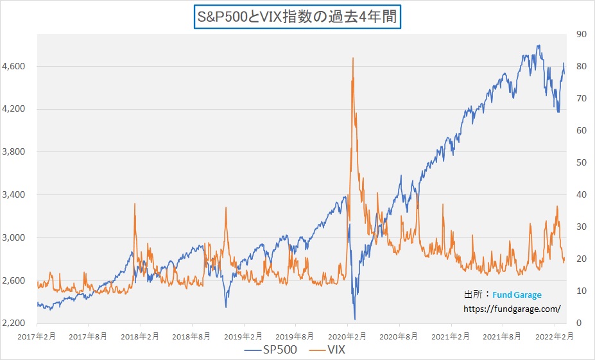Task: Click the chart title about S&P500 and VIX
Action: [x=297, y=16]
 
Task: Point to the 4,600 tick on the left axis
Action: [x=14, y=67]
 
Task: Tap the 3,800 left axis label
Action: [x=14, y=152]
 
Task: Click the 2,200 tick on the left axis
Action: [x=14, y=323]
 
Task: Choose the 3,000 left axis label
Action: [x=14, y=238]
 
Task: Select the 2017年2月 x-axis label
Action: [x=37, y=336]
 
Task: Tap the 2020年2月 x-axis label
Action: [x=347, y=336]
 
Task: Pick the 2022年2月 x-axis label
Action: [x=554, y=336]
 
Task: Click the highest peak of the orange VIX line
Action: [x=353, y=58]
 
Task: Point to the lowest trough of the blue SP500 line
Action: [x=354, y=319]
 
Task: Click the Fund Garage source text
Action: [x=517, y=295]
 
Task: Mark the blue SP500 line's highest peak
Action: [x=538, y=46]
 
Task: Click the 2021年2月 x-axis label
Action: [x=451, y=336]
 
